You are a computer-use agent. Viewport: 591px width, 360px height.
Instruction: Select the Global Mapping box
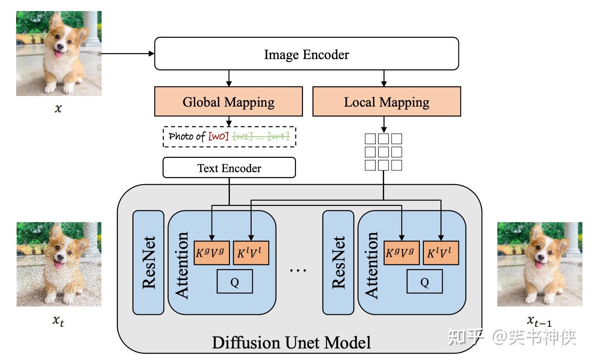229,102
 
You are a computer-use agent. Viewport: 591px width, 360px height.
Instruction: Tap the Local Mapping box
386,102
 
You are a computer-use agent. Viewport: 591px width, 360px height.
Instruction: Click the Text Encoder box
229,168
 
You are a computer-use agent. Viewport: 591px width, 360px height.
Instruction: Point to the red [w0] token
218,137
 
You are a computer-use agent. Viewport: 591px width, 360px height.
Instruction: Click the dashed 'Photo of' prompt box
229,137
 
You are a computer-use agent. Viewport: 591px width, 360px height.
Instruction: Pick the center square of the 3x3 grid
383,152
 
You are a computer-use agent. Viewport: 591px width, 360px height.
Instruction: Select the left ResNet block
148,262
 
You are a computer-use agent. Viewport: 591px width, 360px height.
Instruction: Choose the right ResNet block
338,262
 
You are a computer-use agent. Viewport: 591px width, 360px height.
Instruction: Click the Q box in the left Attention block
235,282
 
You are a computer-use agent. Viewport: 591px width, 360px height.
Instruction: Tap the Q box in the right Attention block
424,282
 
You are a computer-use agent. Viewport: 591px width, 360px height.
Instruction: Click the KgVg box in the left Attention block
212,253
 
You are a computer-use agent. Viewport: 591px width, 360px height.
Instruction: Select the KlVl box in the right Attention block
441,253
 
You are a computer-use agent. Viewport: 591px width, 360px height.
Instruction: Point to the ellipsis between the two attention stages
298,270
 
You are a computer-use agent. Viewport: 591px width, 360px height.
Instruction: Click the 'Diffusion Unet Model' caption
291,343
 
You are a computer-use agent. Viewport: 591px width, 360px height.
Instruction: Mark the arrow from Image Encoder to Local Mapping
383,78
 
